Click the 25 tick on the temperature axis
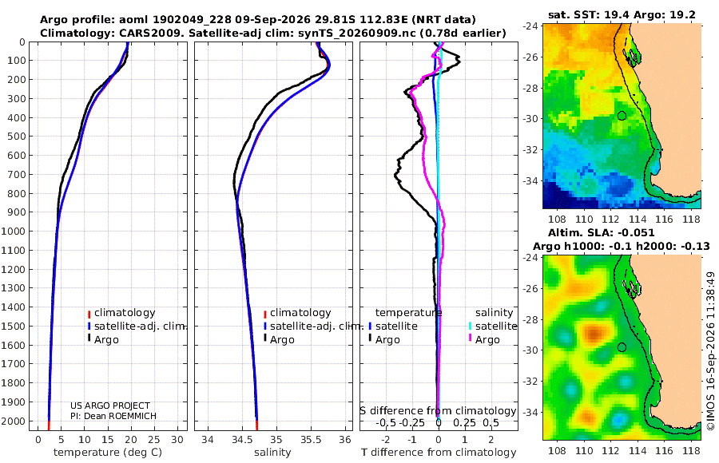tap(154, 440)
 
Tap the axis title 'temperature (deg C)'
tap(108, 453)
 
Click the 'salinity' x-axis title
tap(272, 453)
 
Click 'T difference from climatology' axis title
tap(439, 453)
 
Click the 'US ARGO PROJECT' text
tap(110, 406)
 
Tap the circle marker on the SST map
tap(622, 116)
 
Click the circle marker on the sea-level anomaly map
tap(622, 347)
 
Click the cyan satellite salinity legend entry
tap(492, 326)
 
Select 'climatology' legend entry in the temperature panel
tap(121, 313)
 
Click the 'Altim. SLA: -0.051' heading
tap(601, 233)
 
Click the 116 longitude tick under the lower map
tap(664, 450)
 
